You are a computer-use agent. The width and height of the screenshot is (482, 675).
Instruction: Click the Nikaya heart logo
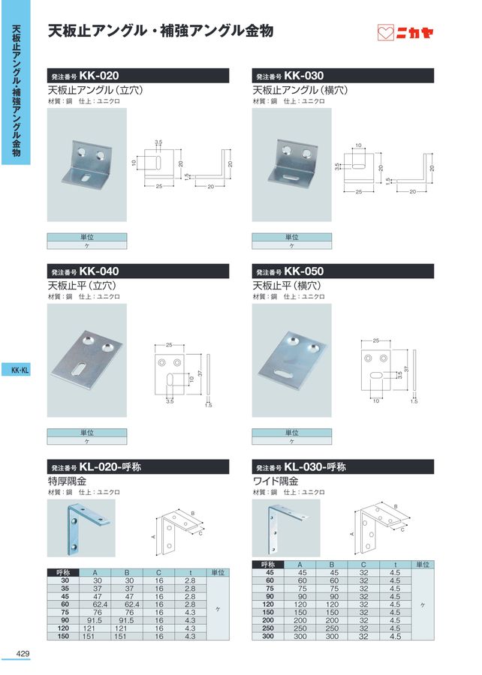[385, 33]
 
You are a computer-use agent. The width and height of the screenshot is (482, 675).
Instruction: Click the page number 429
[23, 653]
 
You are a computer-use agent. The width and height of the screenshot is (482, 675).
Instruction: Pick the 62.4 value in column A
[98, 604]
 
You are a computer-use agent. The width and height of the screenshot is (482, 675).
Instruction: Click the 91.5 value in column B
[127, 620]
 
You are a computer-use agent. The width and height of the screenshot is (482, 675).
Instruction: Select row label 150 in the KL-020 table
[63, 636]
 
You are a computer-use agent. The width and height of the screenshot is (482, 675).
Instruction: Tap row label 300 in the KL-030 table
[268, 636]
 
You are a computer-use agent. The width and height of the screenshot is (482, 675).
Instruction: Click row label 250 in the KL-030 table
[268, 628]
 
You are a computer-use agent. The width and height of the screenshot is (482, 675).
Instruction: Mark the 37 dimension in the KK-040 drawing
[200, 373]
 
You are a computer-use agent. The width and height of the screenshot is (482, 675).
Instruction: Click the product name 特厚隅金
[67, 481]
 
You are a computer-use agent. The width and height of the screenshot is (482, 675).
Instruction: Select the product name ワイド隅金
[276, 481]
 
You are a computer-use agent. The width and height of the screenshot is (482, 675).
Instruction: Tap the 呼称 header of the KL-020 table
[63, 572]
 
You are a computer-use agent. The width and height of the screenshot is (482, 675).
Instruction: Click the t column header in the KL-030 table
[396, 564]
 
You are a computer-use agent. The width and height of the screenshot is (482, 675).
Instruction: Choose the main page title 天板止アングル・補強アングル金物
[160, 31]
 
